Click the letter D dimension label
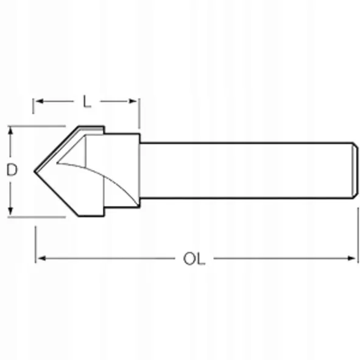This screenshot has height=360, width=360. (11, 171)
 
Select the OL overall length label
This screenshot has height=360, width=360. (194, 259)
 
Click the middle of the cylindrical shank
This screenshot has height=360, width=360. (244, 170)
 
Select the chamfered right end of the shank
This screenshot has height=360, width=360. (354, 170)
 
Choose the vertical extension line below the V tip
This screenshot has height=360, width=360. (35, 244)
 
